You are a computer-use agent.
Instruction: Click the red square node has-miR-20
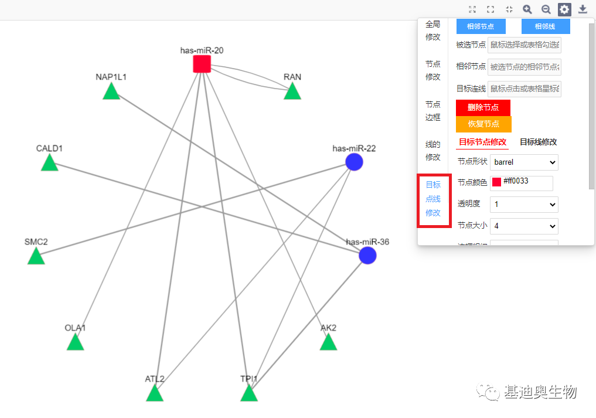(x=202, y=64)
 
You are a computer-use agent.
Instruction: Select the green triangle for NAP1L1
(x=111, y=92)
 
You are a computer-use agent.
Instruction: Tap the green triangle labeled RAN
(x=292, y=92)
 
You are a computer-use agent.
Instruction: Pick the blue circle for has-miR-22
(x=354, y=162)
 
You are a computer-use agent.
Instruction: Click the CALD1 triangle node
(x=50, y=164)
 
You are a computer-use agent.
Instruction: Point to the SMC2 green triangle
(x=36, y=257)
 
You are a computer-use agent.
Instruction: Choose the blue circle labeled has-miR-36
(x=367, y=256)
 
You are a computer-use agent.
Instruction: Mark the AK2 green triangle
(x=328, y=343)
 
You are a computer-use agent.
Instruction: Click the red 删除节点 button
(x=483, y=108)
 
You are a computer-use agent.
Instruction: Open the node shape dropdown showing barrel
(x=524, y=162)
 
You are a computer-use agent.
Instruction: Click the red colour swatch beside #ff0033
(x=496, y=182)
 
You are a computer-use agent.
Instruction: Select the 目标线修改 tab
(x=538, y=142)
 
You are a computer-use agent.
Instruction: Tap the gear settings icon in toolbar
(x=564, y=9)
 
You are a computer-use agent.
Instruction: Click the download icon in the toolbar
(x=583, y=9)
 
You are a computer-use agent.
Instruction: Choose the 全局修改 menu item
(x=432, y=30)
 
